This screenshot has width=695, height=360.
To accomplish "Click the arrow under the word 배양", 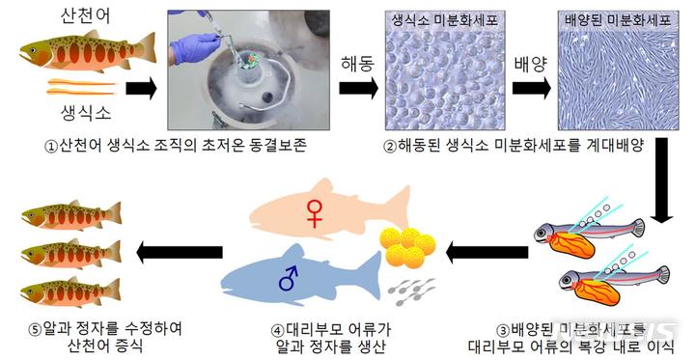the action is point(532,90).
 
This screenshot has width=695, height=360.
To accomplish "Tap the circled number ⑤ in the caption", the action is point(35,328).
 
